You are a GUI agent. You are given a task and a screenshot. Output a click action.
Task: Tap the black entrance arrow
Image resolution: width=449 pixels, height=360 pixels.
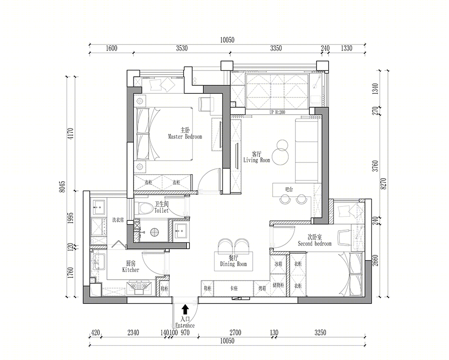(x=185, y=309)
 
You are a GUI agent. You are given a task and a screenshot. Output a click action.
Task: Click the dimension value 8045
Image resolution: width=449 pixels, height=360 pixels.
(x=62, y=187)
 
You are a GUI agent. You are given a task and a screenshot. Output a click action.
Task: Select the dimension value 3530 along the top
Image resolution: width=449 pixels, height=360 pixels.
(x=182, y=48)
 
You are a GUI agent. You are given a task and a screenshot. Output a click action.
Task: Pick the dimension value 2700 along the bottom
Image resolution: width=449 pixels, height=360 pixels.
(x=235, y=333)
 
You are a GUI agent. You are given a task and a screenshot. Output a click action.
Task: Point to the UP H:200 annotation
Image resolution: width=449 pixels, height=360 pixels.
(x=277, y=112)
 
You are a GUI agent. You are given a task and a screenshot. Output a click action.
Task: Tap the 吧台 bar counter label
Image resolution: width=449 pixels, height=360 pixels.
(x=289, y=189)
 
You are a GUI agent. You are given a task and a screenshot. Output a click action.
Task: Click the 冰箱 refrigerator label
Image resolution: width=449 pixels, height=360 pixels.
(x=278, y=264)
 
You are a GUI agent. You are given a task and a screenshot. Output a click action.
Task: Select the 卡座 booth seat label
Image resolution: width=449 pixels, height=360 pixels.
(x=233, y=289)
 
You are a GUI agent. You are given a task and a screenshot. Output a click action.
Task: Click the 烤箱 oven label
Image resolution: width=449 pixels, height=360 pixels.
(x=262, y=289)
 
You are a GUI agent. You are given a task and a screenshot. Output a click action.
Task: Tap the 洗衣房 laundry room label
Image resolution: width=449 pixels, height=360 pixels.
(x=118, y=220)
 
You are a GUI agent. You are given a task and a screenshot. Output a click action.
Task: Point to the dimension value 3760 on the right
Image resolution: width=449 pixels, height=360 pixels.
(x=375, y=166)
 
